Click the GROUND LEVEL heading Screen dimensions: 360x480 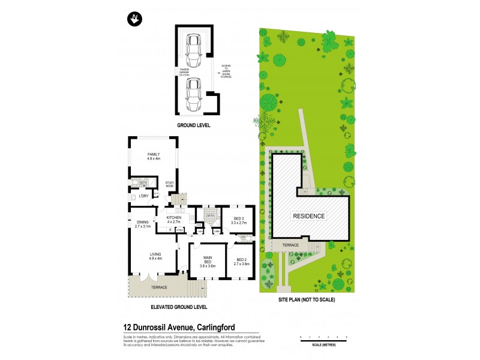coord(193,127)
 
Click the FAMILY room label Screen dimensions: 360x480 coord(154,156)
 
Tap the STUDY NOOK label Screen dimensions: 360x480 coord(170,185)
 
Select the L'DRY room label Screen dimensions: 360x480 coord(143,197)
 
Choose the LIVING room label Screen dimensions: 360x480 coord(155,256)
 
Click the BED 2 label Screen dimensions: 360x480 coord(241,260)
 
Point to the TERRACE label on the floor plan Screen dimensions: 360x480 coord(158,287)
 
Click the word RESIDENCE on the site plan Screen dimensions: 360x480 coord(309,216)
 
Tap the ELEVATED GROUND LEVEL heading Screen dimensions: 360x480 coord(179,307)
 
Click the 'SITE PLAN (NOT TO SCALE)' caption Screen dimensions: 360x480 coord(307,299)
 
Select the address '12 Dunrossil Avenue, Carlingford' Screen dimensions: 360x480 coord(178,327)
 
